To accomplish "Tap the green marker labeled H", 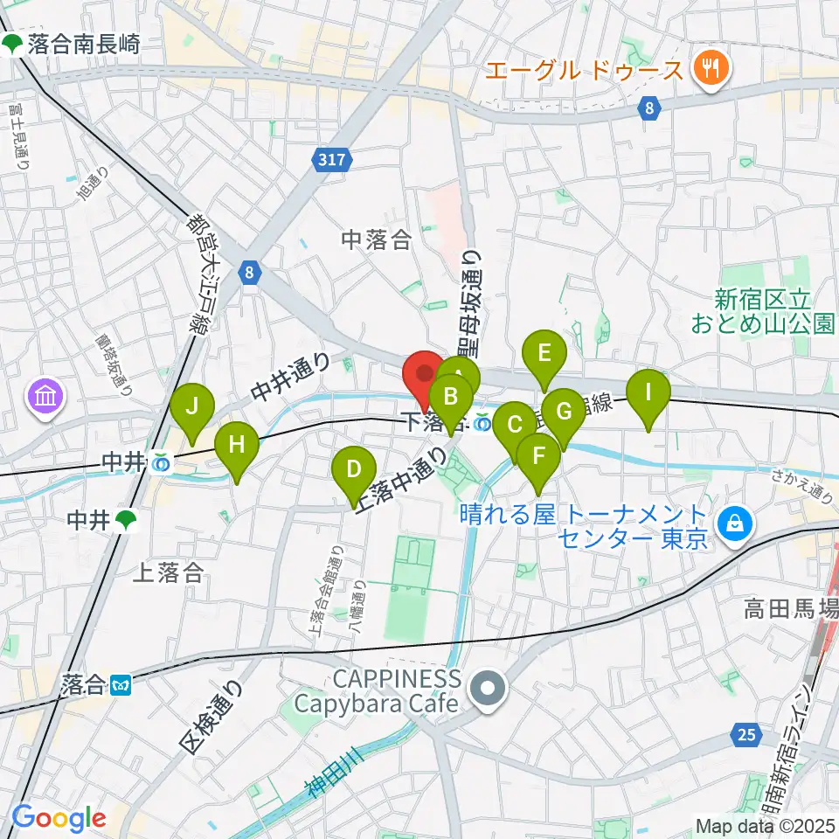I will click(237, 444).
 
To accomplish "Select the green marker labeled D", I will click(353, 470).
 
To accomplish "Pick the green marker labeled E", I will click(544, 354).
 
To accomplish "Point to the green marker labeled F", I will click(538, 456).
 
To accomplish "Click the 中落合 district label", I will click(377, 240).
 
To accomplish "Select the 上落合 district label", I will click(168, 572).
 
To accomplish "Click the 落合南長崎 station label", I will click(83, 45).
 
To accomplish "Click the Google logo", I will click(59, 818).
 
